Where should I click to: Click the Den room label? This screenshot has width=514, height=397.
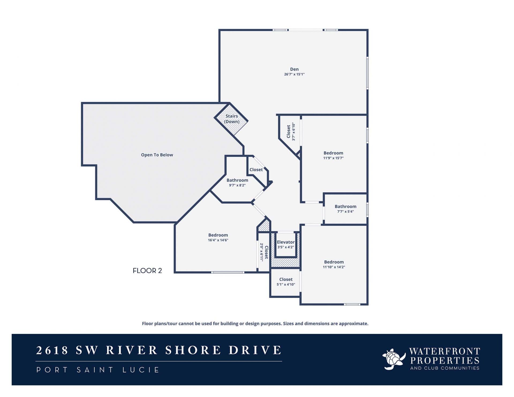coord(294,69)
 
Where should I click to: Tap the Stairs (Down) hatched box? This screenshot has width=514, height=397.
coord(231,119)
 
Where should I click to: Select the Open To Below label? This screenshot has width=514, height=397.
coord(157,155)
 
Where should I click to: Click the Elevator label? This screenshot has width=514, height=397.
coord(286,242)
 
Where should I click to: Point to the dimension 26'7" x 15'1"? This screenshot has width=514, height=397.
coord(294,74)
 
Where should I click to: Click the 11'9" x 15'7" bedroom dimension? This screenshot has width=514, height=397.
coord(333,158)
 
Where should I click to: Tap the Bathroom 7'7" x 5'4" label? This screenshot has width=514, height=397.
coord(345,207)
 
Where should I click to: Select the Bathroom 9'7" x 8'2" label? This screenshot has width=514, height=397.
coord(237,180)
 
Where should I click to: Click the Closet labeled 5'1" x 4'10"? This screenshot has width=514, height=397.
coord(286,280)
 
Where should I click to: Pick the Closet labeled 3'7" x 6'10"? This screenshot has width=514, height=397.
coord(289,131)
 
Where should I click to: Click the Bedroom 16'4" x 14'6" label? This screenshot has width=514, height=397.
coord(218,235)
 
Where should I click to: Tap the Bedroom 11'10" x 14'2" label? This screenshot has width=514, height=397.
coord(334,262)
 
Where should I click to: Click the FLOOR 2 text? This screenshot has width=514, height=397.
coord(147,271)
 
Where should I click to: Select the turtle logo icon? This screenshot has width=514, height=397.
coord(394,359)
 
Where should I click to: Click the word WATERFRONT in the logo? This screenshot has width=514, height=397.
coord(444,351)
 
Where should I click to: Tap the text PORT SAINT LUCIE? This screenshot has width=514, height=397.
coord(98,370)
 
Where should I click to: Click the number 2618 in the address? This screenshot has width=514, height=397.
coord(52,350)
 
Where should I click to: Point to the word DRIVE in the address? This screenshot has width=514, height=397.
coord(255,350)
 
